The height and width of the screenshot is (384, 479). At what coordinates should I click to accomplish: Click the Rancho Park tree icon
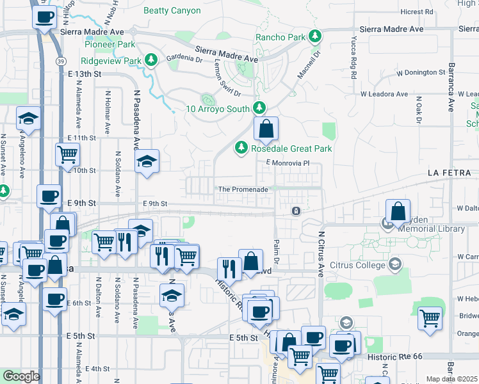click(x=314, y=37)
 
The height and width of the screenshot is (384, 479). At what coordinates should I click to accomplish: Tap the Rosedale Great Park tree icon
click(x=241, y=148)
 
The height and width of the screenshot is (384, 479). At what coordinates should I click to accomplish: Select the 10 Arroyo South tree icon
click(x=259, y=108)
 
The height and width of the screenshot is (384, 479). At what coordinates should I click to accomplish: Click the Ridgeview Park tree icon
click(x=150, y=60)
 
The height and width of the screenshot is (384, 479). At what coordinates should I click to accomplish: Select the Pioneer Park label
click(x=110, y=44)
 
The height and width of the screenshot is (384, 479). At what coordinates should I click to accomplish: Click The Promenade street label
click(x=243, y=189)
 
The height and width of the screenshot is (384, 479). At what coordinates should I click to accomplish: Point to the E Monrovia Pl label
click(x=288, y=163)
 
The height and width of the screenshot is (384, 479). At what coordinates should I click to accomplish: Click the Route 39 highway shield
click(x=59, y=60)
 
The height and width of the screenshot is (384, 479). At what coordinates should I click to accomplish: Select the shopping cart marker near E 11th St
click(x=67, y=154)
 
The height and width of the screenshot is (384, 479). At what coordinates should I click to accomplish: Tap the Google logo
click(x=21, y=376)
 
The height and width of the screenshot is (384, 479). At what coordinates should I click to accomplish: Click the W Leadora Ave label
click(x=384, y=94)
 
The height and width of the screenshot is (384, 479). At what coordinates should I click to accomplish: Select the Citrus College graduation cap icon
click(x=395, y=263)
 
